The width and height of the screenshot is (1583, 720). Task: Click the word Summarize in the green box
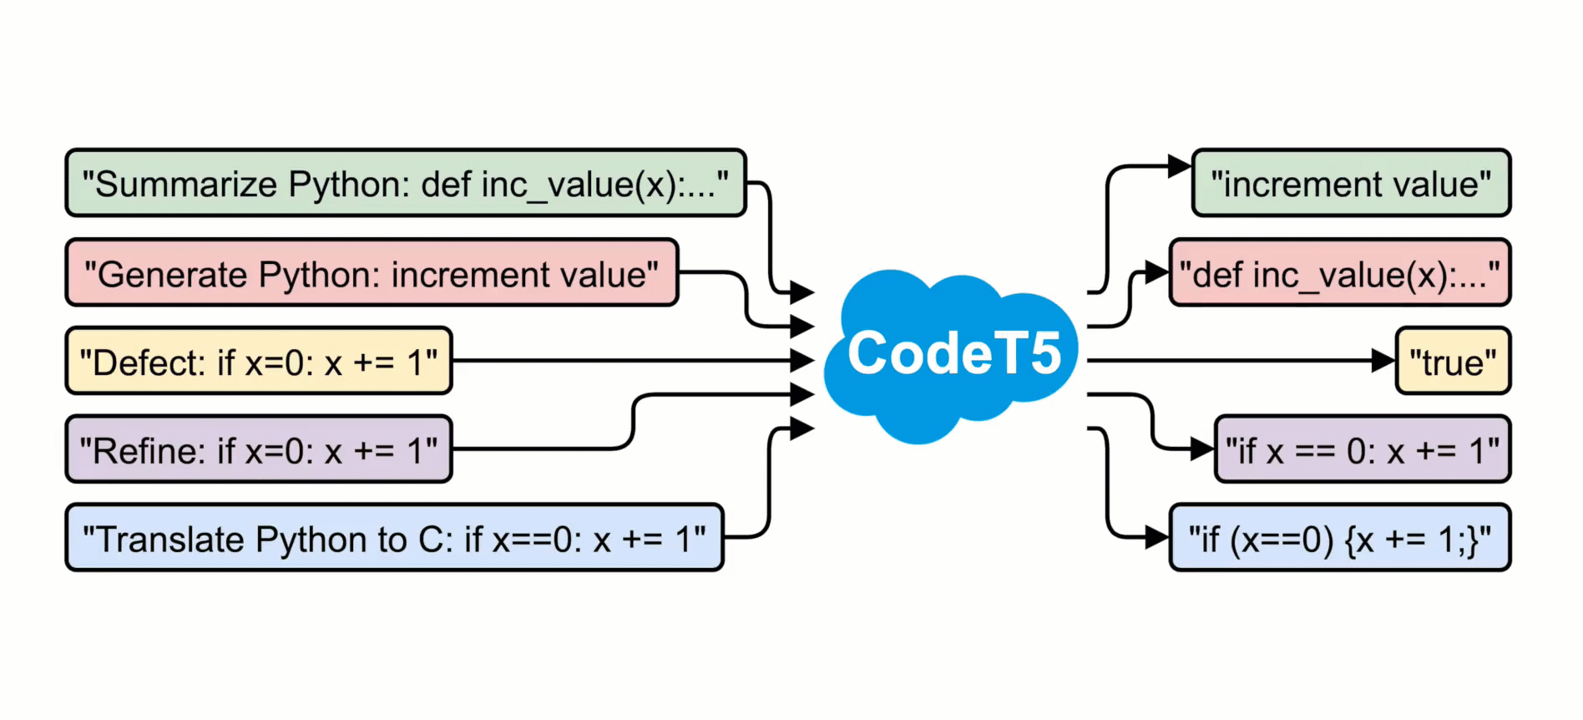(185, 185)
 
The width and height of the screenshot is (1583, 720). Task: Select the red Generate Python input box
(372, 273)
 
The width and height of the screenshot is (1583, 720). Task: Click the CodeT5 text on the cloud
(953, 353)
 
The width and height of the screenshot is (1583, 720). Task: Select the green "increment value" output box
(1351, 184)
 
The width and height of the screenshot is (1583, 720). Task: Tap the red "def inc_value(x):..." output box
(1339, 273)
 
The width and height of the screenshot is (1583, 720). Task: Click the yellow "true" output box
(1453, 362)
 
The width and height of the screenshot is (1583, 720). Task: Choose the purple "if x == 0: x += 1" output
(1362, 450)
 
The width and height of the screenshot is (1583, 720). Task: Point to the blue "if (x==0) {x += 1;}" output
(1339, 539)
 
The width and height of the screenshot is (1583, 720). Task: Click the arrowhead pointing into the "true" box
(1383, 361)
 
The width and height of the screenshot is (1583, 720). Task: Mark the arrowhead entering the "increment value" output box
(1179, 166)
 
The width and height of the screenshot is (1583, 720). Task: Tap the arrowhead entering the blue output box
(1157, 537)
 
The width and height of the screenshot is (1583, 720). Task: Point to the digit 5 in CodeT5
(1044, 353)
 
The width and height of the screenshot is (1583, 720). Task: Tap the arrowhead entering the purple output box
(1202, 449)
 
